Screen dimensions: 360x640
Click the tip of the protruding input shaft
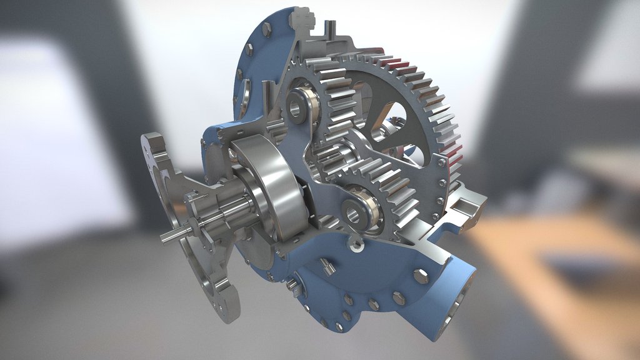164,237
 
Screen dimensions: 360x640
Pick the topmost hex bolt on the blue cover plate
267,29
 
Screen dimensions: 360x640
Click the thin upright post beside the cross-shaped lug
331,29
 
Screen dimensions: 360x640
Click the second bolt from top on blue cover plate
249,49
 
